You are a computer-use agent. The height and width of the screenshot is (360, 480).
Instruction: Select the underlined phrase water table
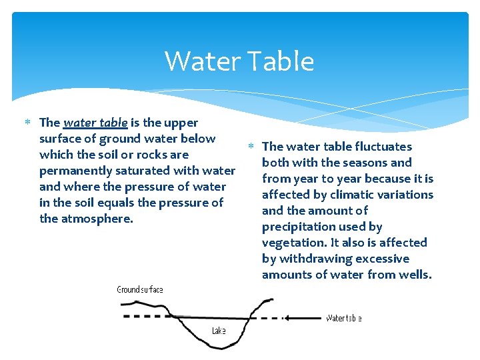point(95,123)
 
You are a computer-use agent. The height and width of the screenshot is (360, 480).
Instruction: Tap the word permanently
point(77,171)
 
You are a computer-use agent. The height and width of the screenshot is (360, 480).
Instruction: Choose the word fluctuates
point(383,147)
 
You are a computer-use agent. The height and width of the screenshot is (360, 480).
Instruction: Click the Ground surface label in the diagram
point(140,289)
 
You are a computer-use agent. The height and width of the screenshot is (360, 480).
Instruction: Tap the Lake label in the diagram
point(219,331)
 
